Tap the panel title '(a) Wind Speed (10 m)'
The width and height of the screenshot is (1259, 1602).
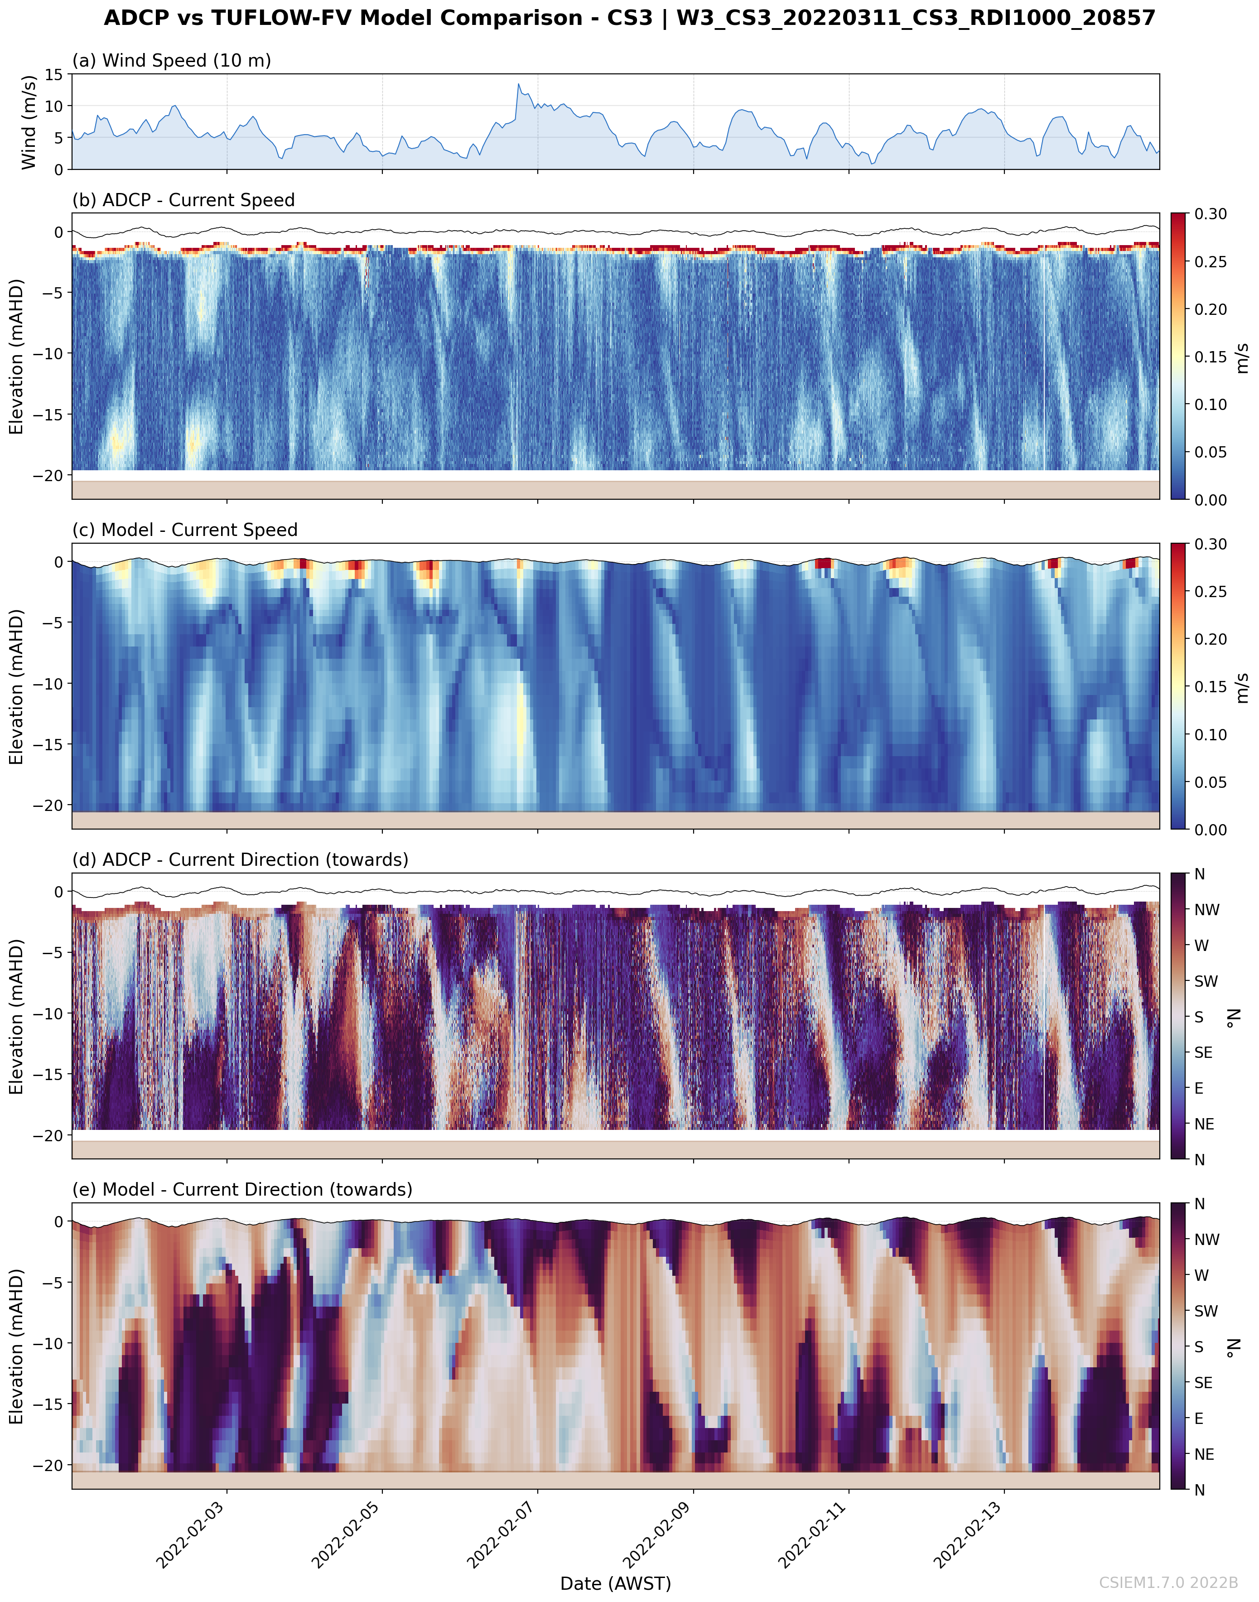(171, 60)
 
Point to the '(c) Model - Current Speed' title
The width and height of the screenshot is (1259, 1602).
(184, 530)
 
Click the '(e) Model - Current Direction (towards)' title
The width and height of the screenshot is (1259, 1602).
(242, 1189)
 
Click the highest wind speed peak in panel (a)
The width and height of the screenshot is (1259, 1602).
(518, 84)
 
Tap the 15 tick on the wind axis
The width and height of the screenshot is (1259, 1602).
(54, 74)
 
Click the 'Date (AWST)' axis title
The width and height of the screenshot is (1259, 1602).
(616, 1583)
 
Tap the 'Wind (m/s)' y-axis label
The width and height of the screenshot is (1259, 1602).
(29, 121)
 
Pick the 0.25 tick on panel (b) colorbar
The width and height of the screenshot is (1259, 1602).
(1211, 262)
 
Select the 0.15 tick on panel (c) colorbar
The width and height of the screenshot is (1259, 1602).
(1211, 686)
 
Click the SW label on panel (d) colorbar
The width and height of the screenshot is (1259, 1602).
(1206, 981)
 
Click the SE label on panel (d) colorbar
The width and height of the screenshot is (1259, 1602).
(1203, 1053)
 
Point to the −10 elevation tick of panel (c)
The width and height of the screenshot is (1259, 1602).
(48, 683)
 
